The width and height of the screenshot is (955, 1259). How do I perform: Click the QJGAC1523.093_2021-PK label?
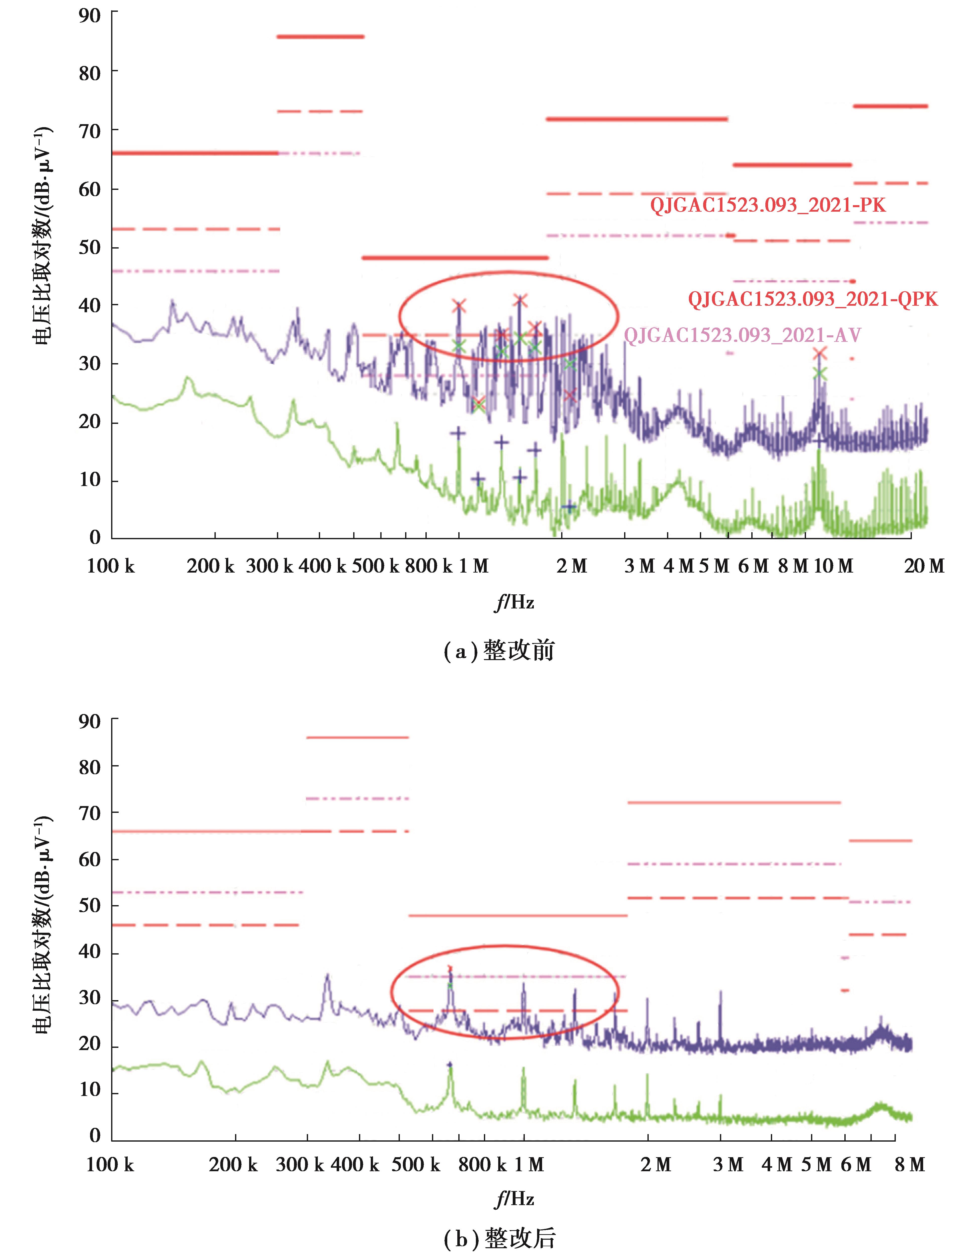[x=768, y=205]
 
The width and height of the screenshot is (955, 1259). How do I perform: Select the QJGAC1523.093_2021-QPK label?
[x=812, y=299]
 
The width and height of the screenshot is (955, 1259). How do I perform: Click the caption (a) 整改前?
[x=498, y=651]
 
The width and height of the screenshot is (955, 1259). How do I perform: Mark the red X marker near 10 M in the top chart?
[x=819, y=354]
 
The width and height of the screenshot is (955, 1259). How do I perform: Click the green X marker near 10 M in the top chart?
[x=819, y=374]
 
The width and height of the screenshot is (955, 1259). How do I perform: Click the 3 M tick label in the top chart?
[x=640, y=566]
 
